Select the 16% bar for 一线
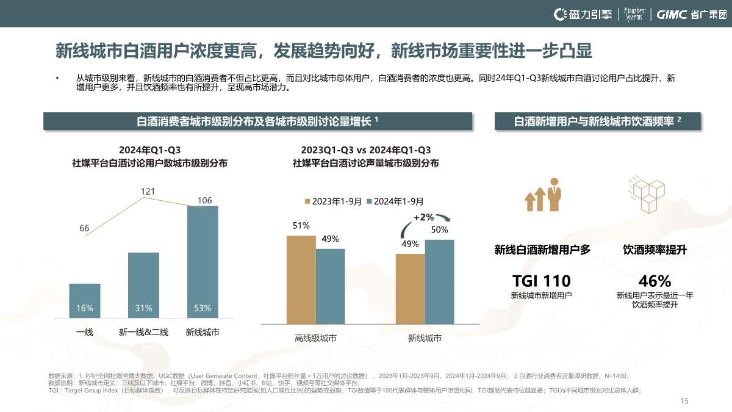85,300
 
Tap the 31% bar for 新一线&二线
143,284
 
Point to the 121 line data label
148,192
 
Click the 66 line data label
84,228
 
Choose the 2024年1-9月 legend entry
395,201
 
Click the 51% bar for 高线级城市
301,279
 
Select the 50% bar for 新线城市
439,281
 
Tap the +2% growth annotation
423,217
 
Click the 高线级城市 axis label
315,338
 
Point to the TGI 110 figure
542,281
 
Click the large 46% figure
655,281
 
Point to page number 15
684,401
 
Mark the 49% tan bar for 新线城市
410,288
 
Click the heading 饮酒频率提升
655,250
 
